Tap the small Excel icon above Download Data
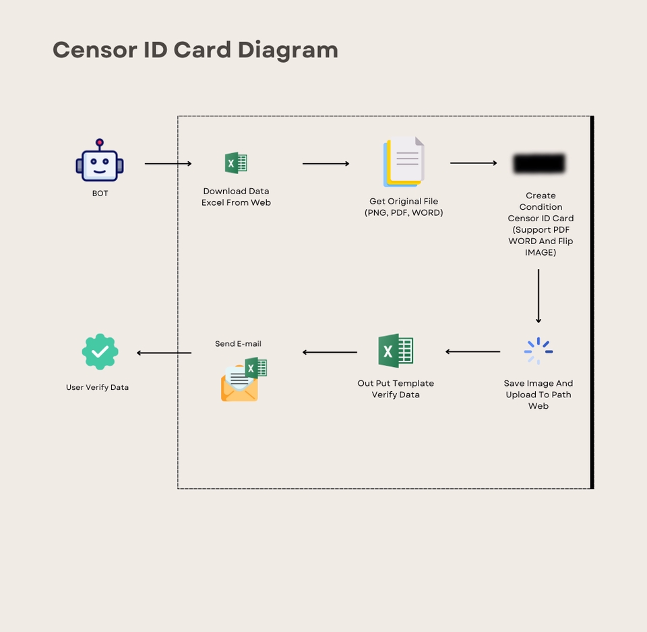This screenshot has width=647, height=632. tap(236, 163)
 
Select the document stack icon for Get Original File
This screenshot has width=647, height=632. tap(404, 162)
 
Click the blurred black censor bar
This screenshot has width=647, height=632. tap(538, 164)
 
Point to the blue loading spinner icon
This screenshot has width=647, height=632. tap(538, 351)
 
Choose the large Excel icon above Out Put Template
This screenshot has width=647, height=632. tap(396, 351)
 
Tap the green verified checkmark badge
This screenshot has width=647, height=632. tap(100, 351)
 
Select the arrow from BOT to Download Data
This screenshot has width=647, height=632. tap(168, 163)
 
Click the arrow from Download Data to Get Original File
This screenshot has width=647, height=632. tap(326, 163)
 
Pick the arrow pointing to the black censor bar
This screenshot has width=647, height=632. tap(474, 163)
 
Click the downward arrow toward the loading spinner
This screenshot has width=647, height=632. tap(538, 296)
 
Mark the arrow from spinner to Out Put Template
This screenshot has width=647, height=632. tap(472, 351)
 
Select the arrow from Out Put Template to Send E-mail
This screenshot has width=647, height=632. tap(330, 352)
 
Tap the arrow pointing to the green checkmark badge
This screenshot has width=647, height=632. tap(164, 353)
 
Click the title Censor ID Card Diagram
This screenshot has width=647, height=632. tap(195, 50)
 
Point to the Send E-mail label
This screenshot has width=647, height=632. tap(238, 344)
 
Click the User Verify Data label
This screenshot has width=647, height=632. tap(97, 388)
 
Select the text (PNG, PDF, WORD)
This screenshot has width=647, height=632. tap(404, 213)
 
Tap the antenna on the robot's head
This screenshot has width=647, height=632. tap(100, 142)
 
